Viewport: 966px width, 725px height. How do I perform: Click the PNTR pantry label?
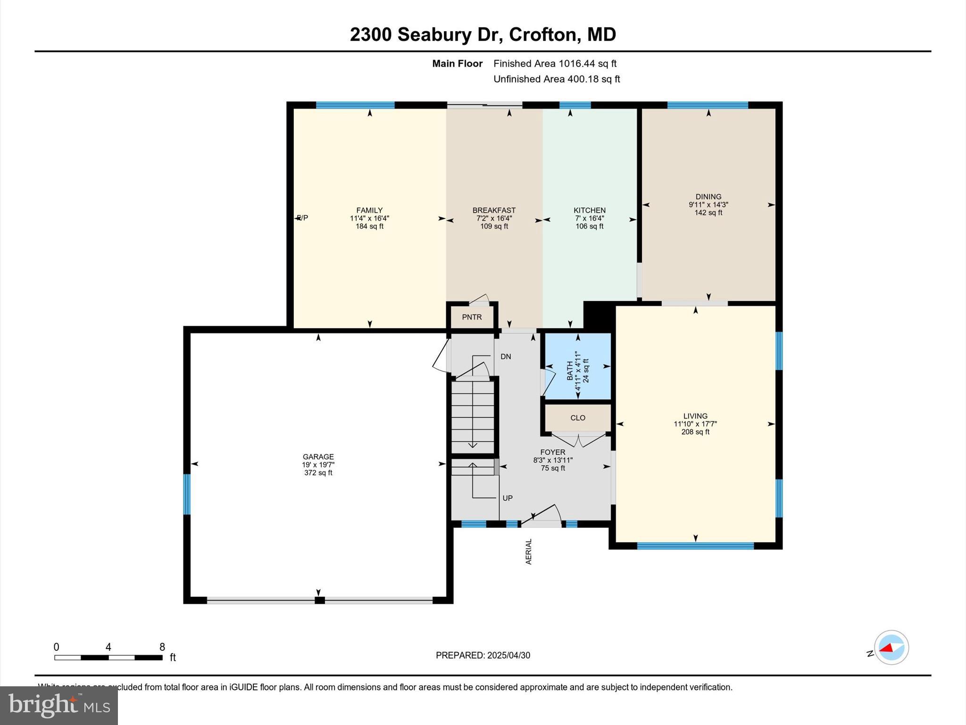pyautogui.click(x=472, y=317)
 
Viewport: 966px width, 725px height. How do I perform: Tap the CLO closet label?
pyautogui.click(x=578, y=418)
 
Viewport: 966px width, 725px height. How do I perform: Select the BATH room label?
pyautogui.click(x=570, y=371)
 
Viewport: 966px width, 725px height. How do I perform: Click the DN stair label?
pyautogui.click(x=506, y=357)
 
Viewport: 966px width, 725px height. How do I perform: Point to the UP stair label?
pyautogui.click(x=508, y=498)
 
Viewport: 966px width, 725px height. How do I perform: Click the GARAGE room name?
pyautogui.click(x=318, y=456)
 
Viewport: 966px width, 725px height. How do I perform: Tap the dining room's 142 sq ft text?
pyautogui.click(x=708, y=213)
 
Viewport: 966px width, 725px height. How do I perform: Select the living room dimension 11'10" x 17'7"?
pyautogui.click(x=695, y=424)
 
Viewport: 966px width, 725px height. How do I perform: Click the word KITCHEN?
pyautogui.click(x=590, y=211)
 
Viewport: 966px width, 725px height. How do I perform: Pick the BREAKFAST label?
pyautogui.click(x=494, y=211)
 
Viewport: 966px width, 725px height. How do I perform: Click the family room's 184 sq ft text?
pyautogui.click(x=369, y=227)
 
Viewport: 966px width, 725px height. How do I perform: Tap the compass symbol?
pyautogui.click(x=891, y=648)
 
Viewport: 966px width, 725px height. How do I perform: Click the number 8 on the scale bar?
pyautogui.click(x=162, y=647)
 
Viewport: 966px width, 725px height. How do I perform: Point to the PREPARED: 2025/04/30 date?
pyautogui.click(x=483, y=655)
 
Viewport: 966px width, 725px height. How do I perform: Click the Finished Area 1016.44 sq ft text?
pyautogui.click(x=555, y=64)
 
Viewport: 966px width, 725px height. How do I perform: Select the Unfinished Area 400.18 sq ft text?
pyautogui.click(x=557, y=79)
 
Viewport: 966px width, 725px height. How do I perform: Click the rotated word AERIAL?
pyautogui.click(x=529, y=551)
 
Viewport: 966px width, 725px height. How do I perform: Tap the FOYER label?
pyautogui.click(x=553, y=452)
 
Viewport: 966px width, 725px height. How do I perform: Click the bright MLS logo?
pyautogui.click(x=59, y=705)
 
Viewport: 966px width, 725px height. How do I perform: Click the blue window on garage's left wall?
pyautogui.click(x=187, y=494)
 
